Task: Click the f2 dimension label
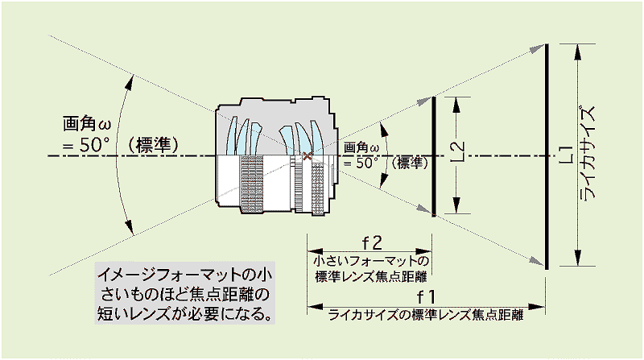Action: pos(372,243)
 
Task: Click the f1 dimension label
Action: pos(426,296)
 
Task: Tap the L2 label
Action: pos(457,151)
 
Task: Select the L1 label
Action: pos(567,155)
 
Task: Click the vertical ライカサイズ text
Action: pos(588,153)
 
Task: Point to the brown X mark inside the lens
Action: pos(307,155)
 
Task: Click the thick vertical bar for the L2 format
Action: pos(434,156)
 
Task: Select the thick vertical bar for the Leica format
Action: pos(547,156)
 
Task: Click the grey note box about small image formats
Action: pos(185,293)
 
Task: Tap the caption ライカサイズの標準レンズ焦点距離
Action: pos(426,315)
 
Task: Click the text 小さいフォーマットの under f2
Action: pos(371,261)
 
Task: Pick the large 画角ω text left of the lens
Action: pos(87,124)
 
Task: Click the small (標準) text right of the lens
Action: pos(410,163)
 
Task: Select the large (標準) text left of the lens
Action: pos(152,145)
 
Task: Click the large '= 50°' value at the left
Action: pos(86,145)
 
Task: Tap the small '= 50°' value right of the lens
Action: pos(361,163)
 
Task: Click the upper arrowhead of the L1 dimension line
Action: pos(578,51)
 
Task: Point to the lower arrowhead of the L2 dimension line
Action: pos(456,205)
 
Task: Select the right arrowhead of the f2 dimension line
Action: pos(423,251)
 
